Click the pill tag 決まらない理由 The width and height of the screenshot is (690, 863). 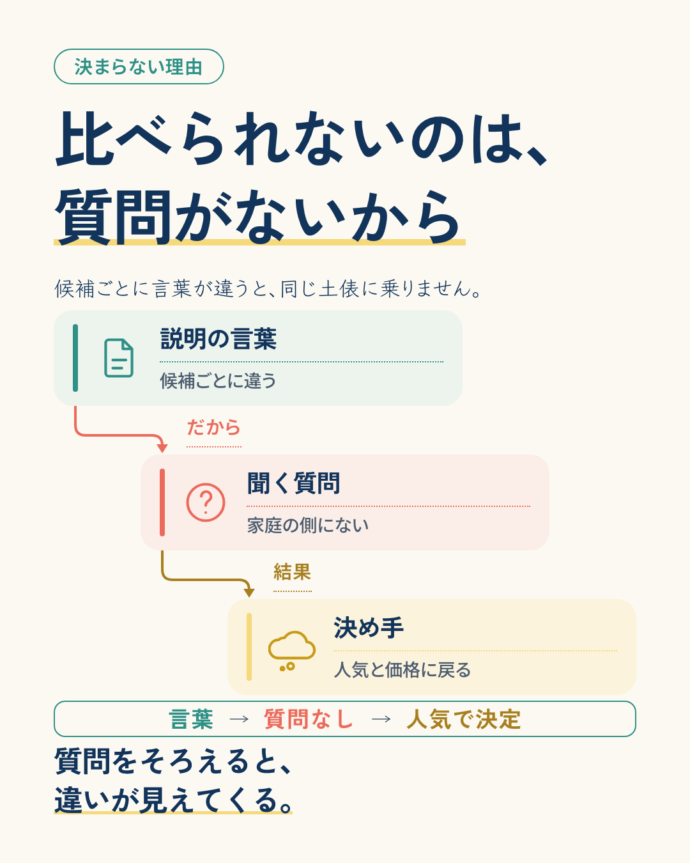pyautogui.click(x=139, y=66)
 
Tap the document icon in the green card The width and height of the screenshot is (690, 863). pyautogui.click(x=119, y=358)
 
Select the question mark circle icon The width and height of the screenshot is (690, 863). pyautogui.click(x=206, y=502)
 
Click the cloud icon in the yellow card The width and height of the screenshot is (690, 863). pyautogui.click(x=291, y=651)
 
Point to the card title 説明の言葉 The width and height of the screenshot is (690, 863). pyautogui.click(x=218, y=339)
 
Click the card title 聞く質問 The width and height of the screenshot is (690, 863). pyautogui.click(x=293, y=483)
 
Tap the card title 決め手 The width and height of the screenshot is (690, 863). pyautogui.click(x=369, y=628)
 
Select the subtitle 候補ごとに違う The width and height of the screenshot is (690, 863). pyautogui.click(x=218, y=380)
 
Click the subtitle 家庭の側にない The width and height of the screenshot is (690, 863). pyautogui.click(x=308, y=525)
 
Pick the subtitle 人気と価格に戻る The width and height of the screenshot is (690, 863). pyautogui.click(x=402, y=669)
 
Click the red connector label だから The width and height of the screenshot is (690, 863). pyautogui.click(x=213, y=428)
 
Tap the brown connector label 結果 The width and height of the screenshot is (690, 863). pyautogui.click(x=292, y=572)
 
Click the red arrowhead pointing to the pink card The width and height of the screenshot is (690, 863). pyautogui.click(x=162, y=448)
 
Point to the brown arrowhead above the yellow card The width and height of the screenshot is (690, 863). pyautogui.click(x=249, y=593)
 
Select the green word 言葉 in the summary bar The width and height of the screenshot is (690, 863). pyautogui.click(x=191, y=719)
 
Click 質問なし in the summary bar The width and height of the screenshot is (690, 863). pyautogui.click(x=308, y=719)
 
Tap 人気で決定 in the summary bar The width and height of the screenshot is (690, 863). pyautogui.click(x=463, y=719)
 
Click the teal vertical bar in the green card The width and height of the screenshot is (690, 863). pyautogui.click(x=75, y=358)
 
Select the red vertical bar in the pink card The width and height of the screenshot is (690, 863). pyautogui.click(x=162, y=502)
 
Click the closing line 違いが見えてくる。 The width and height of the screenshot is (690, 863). pyautogui.click(x=173, y=800)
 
